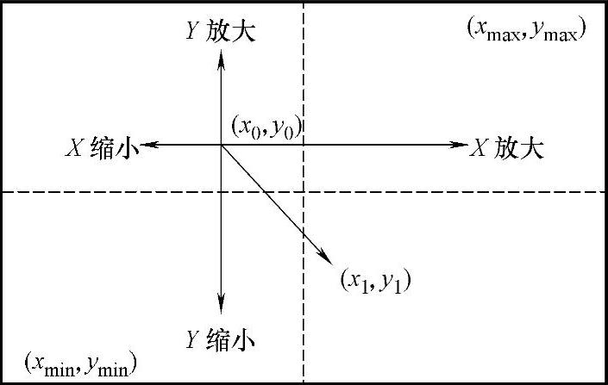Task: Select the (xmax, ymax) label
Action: point(527,29)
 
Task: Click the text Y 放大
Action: point(222,32)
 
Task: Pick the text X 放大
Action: point(507,147)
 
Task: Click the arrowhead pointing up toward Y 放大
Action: point(222,57)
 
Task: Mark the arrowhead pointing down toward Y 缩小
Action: point(222,303)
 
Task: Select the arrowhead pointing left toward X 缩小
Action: point(148,146)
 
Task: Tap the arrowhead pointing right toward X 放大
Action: point(460,146)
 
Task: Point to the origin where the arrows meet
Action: point(222,146)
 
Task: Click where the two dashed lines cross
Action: point(303,192)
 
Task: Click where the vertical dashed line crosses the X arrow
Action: point(303,146)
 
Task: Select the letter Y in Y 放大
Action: point(193,32)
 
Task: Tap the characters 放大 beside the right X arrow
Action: point(520,147)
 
